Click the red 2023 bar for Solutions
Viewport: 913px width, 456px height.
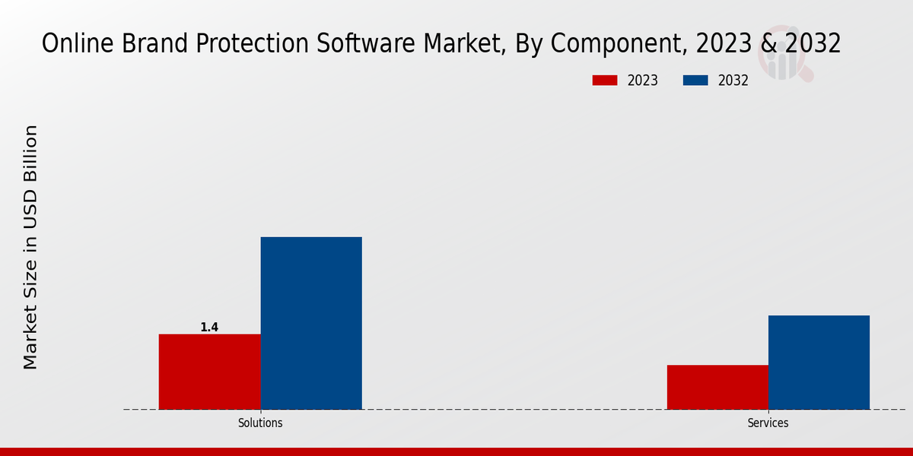point(209,372)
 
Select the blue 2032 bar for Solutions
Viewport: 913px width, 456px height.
point(311,323)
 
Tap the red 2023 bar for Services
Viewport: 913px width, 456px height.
point(717,387)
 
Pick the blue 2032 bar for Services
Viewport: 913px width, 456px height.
point(819,363)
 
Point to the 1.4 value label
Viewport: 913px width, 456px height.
point(209,328)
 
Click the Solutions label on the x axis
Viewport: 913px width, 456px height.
point(260,423)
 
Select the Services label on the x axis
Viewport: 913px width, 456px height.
point(768,423)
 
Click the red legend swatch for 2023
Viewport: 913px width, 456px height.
point(605,81)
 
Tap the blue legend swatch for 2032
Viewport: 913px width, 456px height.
point(695,81)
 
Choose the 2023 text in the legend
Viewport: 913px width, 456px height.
point(643,81)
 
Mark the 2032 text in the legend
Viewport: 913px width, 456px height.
point(733,81)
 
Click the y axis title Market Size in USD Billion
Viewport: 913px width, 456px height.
point(30,247)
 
